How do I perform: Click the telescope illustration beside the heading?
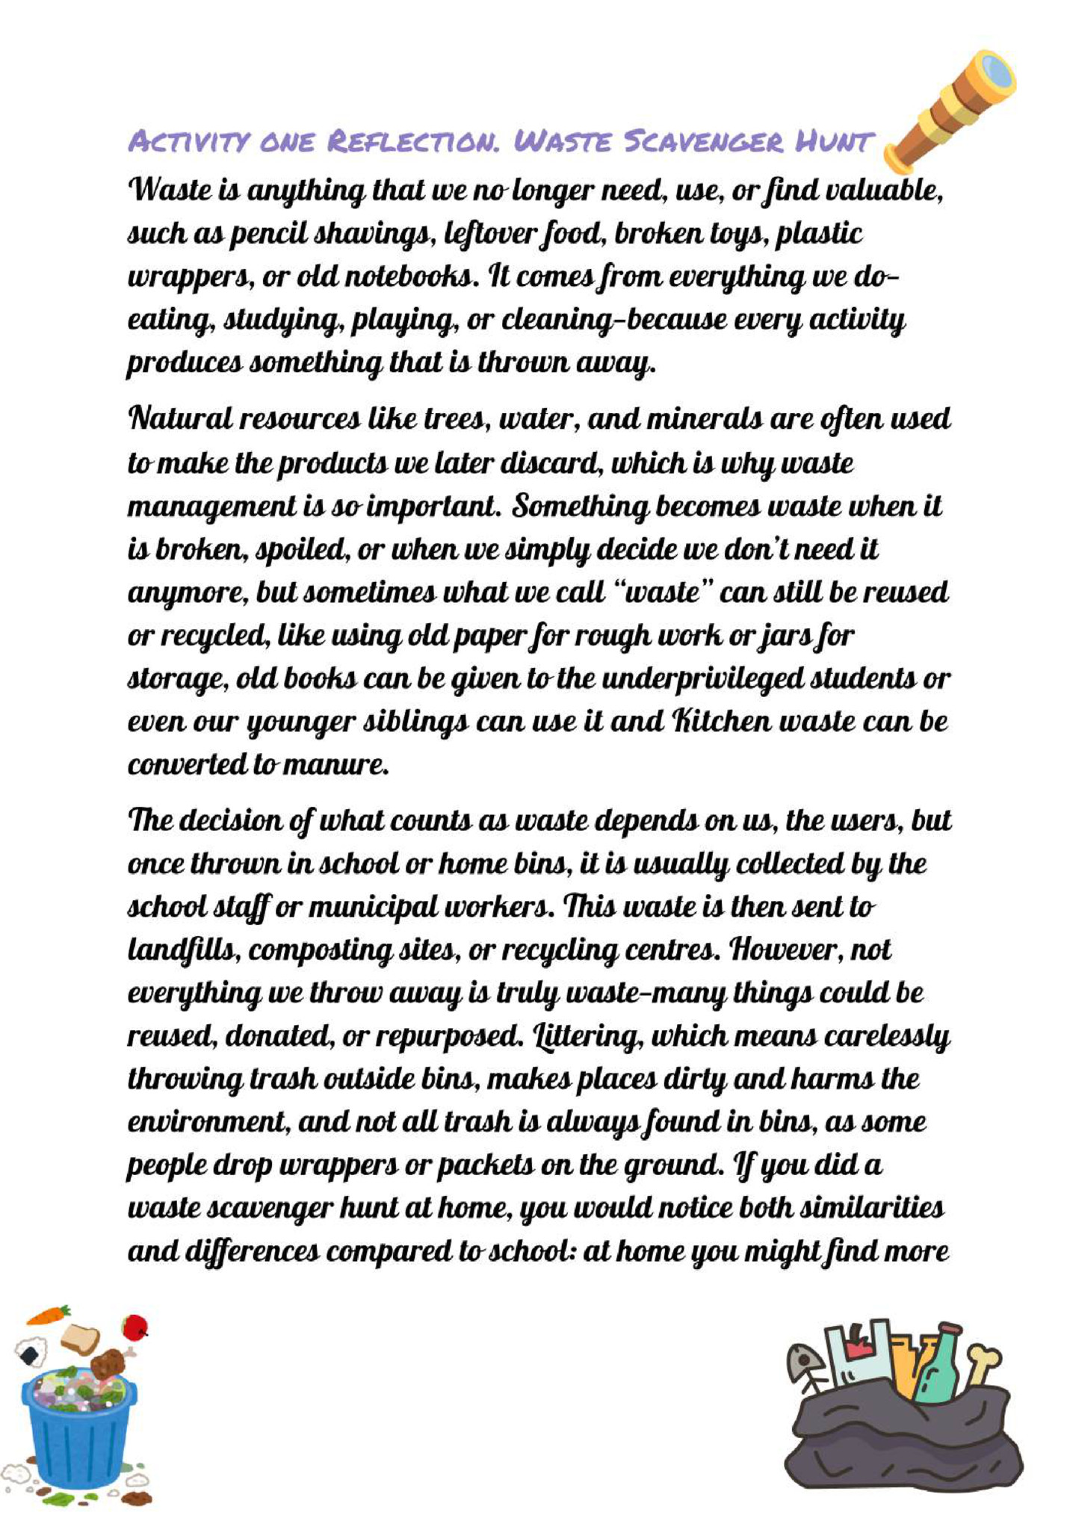click(950, 109)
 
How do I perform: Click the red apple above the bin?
click(135, 1327)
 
